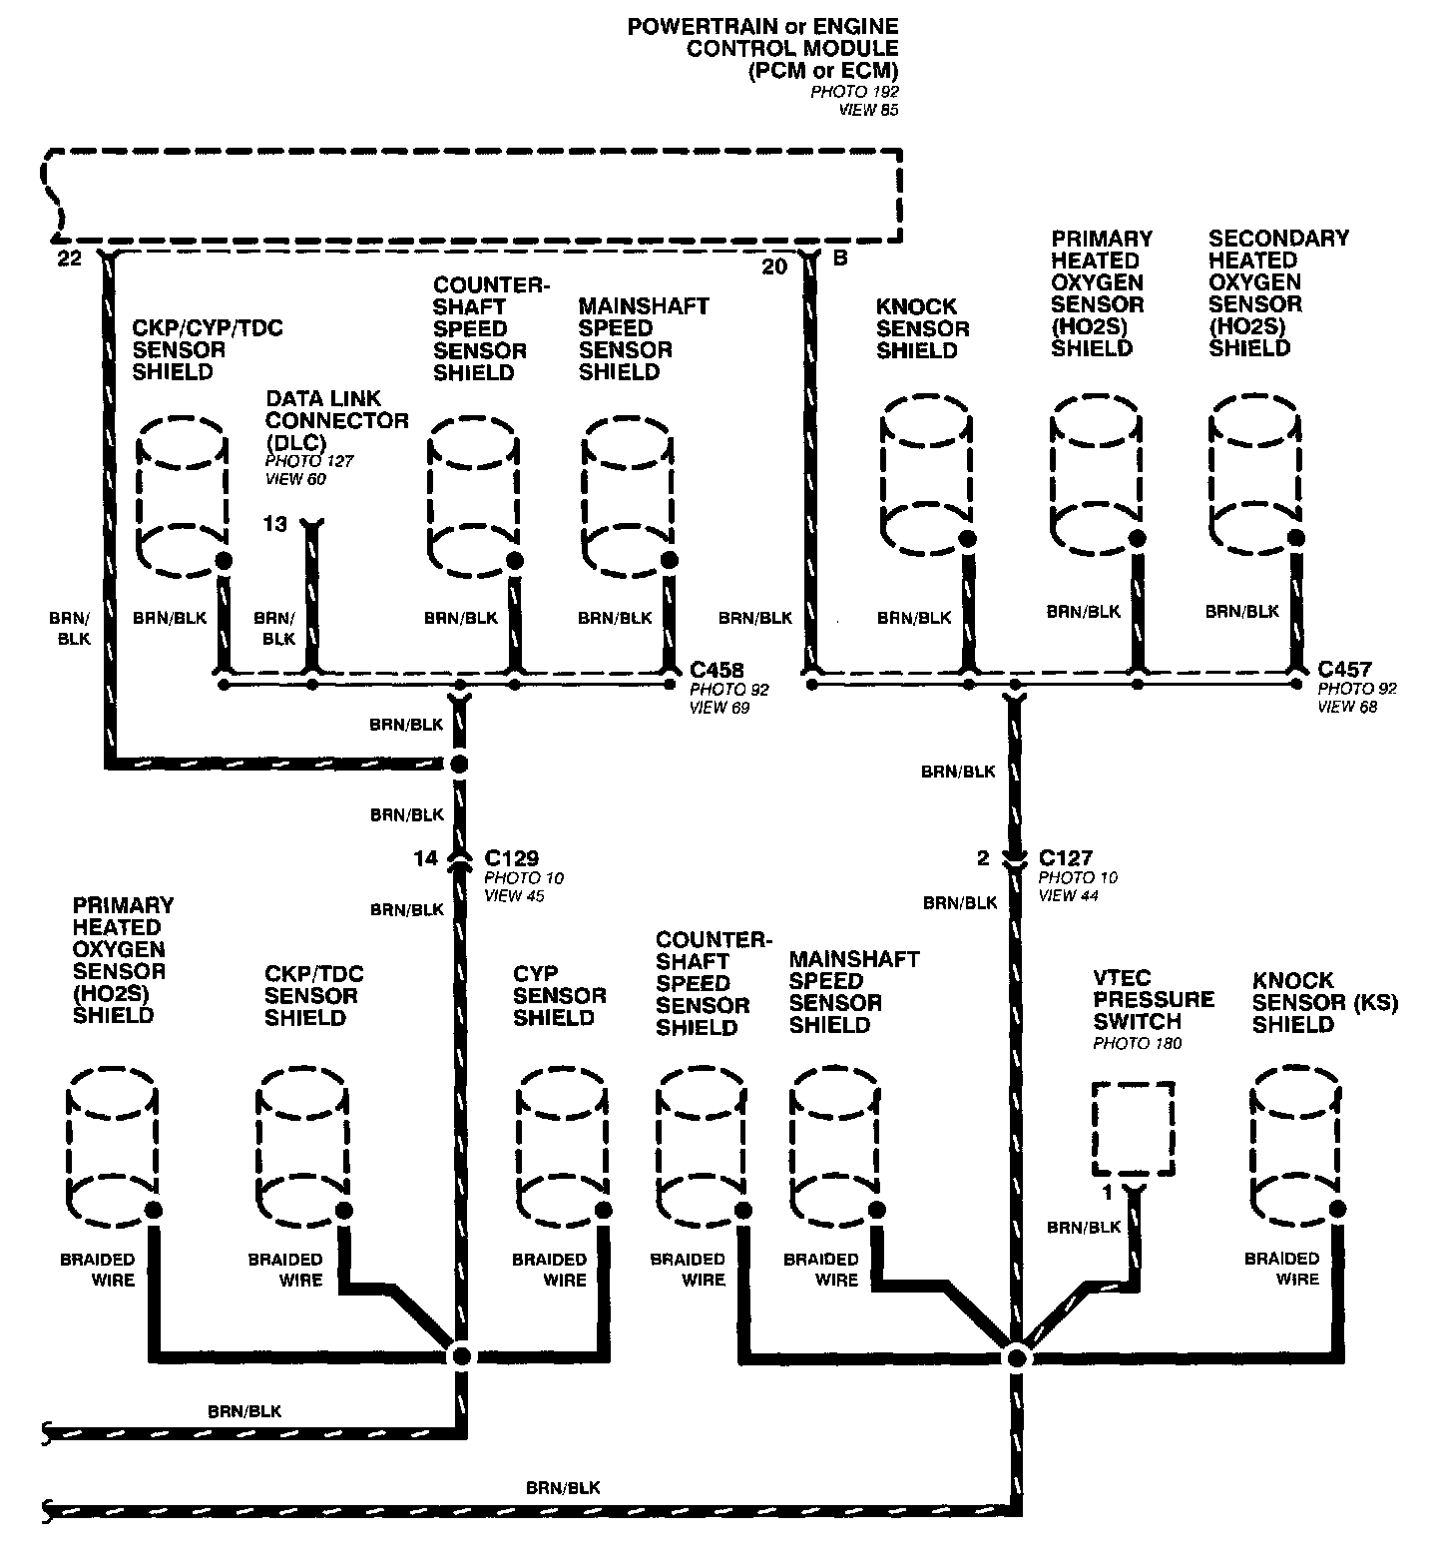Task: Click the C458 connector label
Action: (x=717, y=670)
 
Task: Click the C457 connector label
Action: (x=1344, y=670)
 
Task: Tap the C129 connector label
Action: (x=511, y=858)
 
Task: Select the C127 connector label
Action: (x=1065, y=858)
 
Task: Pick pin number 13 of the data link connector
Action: (x=275, y=523)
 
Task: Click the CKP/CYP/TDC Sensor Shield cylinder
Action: (x=180, y=492)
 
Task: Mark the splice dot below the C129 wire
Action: (x=460, y=1355)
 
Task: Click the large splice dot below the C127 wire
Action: (x=1016, y=1356)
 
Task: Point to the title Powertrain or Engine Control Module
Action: (x=762, y=48)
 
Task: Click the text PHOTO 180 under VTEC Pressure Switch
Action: (x=1137, y=1044)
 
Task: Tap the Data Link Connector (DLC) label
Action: (x=336, y=420)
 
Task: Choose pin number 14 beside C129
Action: (x=425, y=858)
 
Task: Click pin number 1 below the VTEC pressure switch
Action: (x=1107, y=1193)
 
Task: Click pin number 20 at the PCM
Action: (x=774, y=265)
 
